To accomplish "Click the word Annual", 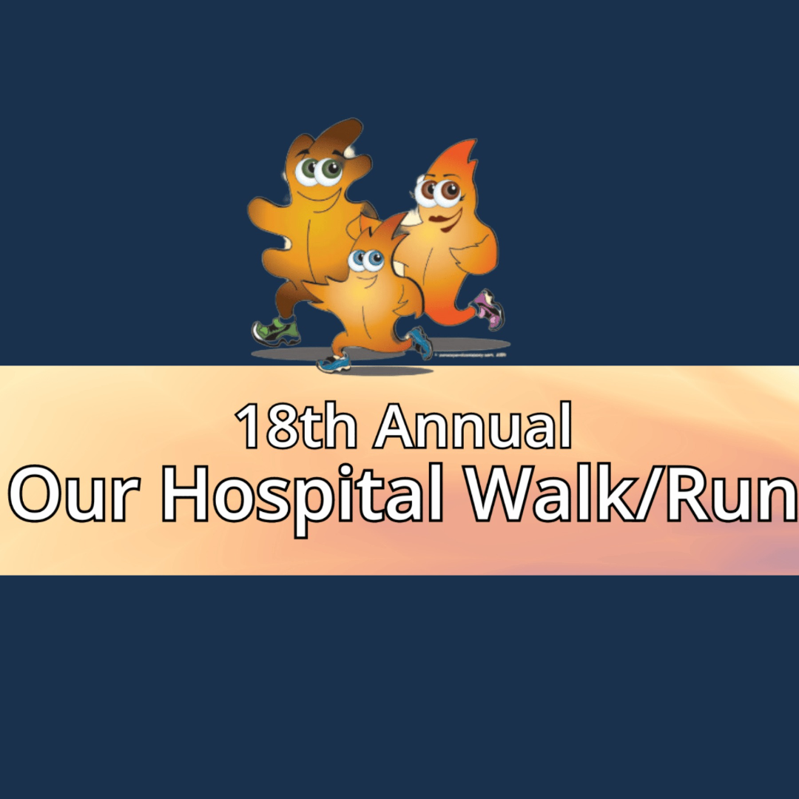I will (473, 428).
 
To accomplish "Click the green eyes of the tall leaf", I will (319, 171).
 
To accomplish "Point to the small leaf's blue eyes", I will (366, 260).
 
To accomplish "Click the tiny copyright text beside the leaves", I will (471, 356).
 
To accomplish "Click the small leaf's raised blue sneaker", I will (420, 342).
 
